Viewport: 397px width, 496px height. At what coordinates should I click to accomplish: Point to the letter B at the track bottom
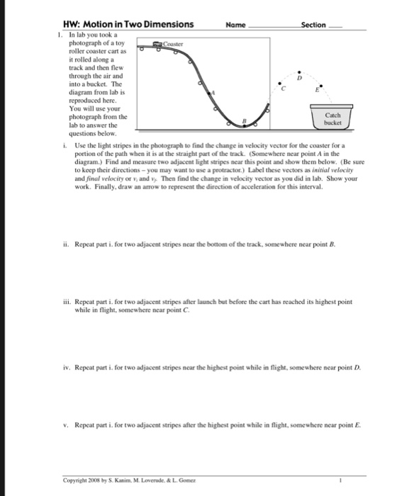[244, 122]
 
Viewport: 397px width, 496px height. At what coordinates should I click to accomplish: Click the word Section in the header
[313, 25]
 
